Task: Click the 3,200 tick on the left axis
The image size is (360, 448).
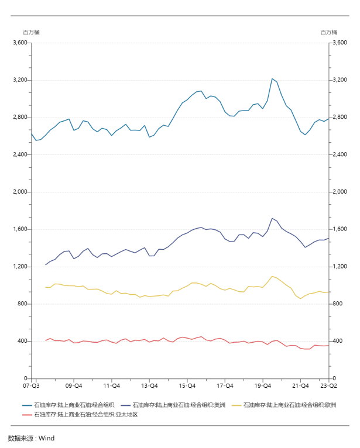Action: (x=19, y=80)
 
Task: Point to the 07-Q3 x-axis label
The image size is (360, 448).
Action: (x=31, y=386)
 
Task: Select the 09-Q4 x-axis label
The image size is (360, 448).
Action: (x=73, y=386)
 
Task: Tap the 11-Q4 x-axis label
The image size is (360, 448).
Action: (x=111, y=386)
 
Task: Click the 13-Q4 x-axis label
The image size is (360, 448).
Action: (x=149, y=386)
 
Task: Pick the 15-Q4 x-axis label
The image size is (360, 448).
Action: (x=187, y=386)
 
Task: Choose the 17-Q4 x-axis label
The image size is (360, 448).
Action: (x=225, y=386)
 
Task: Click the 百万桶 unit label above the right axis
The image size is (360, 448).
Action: (x=328, y=32)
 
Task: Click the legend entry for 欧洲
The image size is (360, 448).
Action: (x=284, y=405)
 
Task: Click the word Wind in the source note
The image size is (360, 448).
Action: (x=46, y=437)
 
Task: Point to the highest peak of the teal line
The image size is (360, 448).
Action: (x=272, y=78)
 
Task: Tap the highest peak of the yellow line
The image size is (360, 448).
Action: (x=272, y=276)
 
